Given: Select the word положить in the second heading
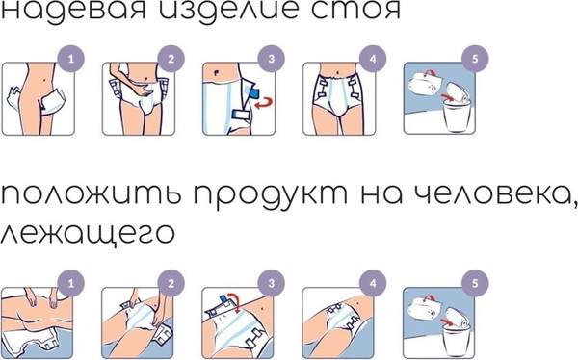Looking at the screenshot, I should click(78, 200).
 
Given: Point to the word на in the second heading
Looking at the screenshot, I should click(350, 200).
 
